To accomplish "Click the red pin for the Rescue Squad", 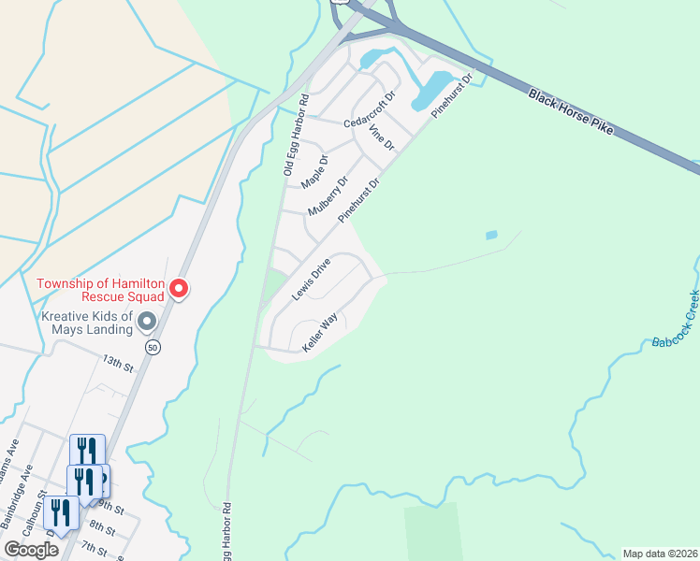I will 179,290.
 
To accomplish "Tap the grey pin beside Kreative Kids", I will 147,323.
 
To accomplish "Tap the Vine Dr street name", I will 382,138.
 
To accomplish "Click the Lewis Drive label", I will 311,279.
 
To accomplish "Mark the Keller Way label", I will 319,334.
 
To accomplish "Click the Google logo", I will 31,550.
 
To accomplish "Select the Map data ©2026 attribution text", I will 660,553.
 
